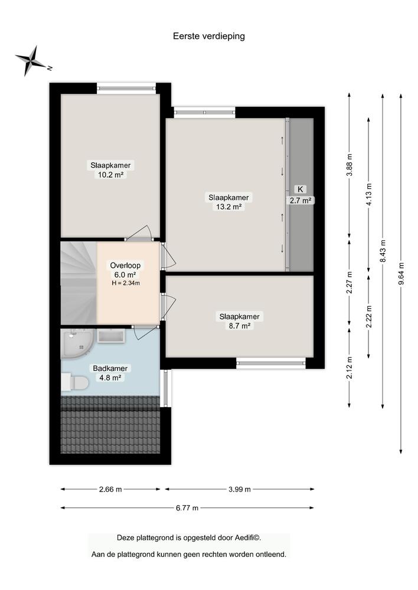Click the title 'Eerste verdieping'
(208, 36)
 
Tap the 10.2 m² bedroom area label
(110, 169)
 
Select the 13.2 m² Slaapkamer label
(228, 202)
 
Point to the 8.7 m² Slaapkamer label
(239, 321)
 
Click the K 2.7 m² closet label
(300, 195)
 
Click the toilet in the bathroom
(76, 382)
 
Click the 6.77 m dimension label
(187, 508)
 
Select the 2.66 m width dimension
(110, 489)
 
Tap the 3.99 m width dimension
(239, 489)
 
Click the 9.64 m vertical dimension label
(401, 273)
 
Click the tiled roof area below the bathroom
(110, 428)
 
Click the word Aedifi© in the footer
(247, 538)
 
